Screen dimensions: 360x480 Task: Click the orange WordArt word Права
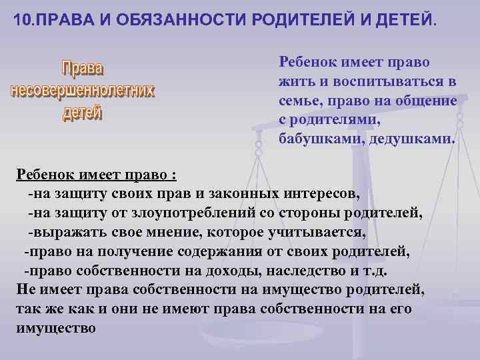[83, 68]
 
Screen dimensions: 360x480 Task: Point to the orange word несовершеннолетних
[83, 90]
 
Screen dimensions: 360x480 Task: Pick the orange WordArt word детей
[83, 113]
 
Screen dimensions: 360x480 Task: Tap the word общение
[424, 101]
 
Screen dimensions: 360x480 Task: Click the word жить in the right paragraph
[295, 81]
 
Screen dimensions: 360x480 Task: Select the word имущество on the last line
[55, 329]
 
